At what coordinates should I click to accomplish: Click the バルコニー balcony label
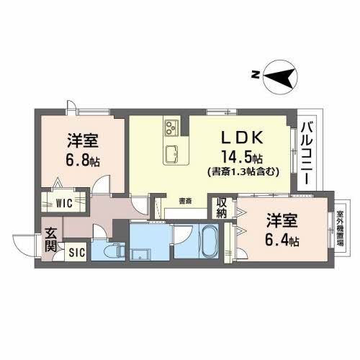tap(306, 153)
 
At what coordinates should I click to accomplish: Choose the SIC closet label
tap(77, 252)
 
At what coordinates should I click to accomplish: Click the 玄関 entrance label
tap(51, 240)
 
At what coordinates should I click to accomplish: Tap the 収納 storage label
tap(221, 207)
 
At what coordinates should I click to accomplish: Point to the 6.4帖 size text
tap(282, 241)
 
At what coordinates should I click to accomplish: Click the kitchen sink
tap(174, 154)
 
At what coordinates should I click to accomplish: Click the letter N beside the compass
tap(254, 73)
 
